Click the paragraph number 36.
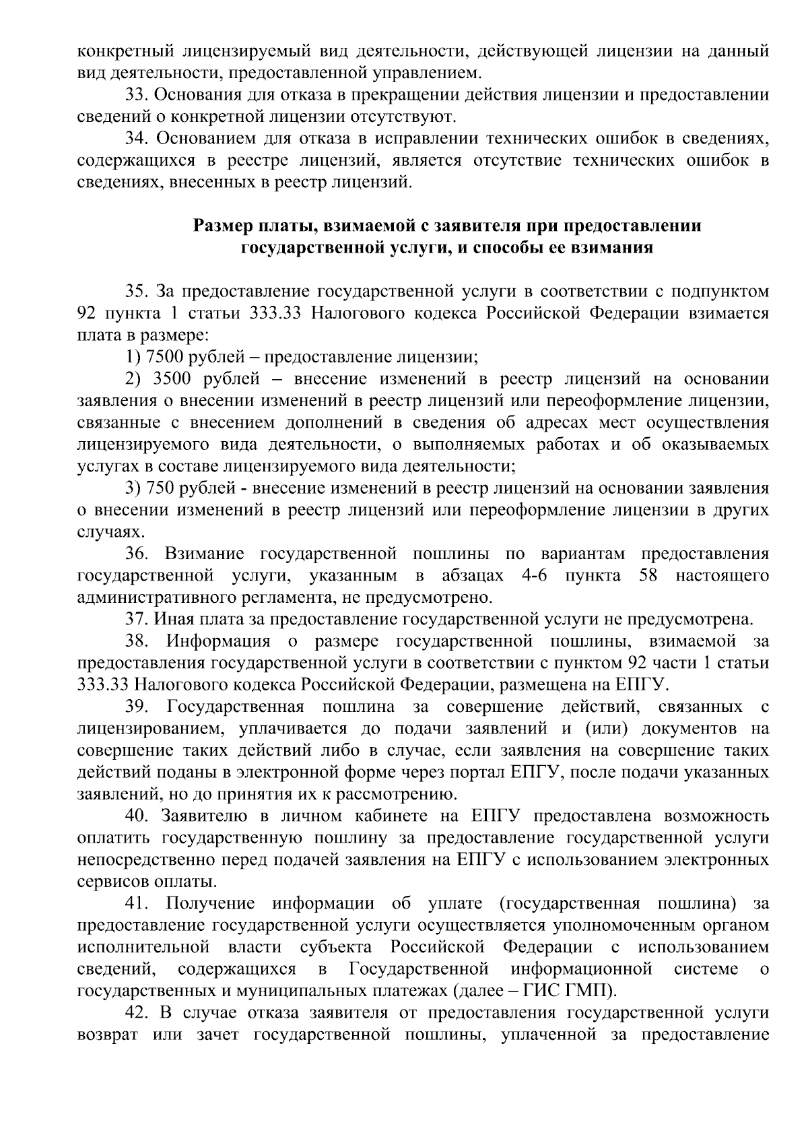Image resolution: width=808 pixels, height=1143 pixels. pyautogui.click(x=137, y=554)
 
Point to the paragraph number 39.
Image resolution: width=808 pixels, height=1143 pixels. pyautogui.click(x=137, y=707)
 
